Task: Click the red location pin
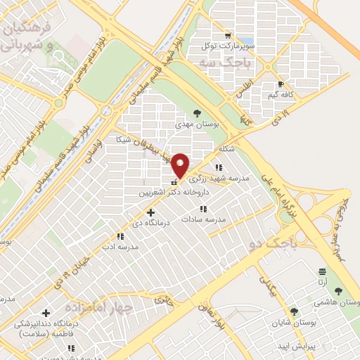(x=181, y=165)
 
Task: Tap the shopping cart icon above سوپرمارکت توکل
(x=226, y=35)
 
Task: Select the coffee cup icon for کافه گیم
(x=281, y=84)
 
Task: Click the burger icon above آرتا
(x=323, y=271)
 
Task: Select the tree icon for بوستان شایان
(x=294, y=311)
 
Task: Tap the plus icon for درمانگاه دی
(x=150, y=212)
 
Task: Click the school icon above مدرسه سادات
(x=203, y=209)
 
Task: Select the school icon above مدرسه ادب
(x=119, y=237)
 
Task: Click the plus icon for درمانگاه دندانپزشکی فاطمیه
(x=46, y=314)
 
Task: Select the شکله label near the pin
(x=226, y=149)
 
